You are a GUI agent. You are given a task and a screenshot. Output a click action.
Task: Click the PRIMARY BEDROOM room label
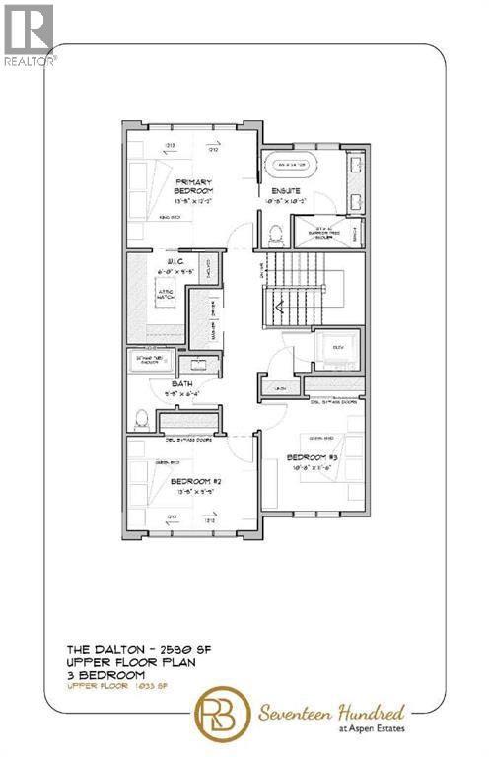(x=195, y=187)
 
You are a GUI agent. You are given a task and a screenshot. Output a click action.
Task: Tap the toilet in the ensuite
(x=275, y=233)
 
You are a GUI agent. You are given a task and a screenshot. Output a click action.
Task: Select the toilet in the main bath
(x=141, y=418)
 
